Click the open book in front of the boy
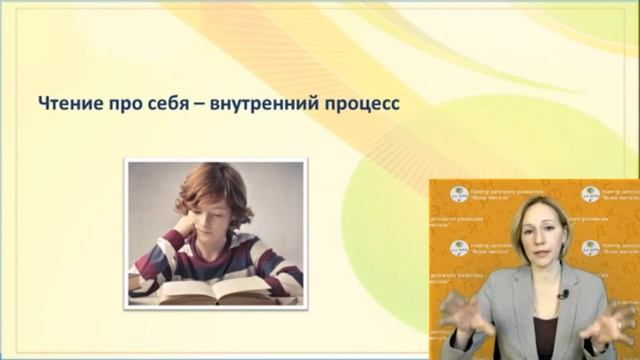point(215,290)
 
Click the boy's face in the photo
point(214,222)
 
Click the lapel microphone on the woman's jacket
point(564,294)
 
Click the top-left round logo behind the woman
point(459,195)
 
